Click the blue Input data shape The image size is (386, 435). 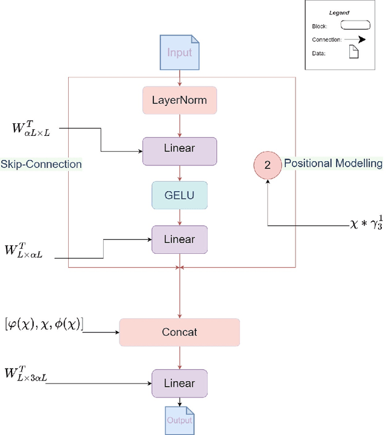pos(180,53)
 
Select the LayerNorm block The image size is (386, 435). pos(180,100)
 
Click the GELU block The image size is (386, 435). pos(180,195)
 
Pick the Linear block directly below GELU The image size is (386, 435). pos(180,240)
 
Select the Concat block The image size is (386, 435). pos(180,332)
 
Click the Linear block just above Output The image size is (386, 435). pos(180,383)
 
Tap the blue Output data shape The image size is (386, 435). pos(180,419)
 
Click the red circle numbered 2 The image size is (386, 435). pos(267,164)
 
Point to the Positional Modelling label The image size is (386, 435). pos(333,163)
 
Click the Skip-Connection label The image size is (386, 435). pos(41,164)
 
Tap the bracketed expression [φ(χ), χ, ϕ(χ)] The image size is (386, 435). pos(44,324)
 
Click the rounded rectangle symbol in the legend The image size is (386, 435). pos(355,25)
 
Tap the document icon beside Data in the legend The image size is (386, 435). pos(355,53)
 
